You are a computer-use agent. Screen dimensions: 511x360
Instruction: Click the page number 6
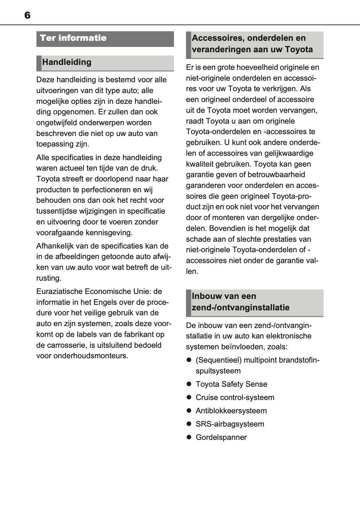(27, 15)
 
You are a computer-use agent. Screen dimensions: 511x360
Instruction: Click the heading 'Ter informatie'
(73, 38)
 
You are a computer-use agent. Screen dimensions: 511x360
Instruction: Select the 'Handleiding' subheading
(67, 62)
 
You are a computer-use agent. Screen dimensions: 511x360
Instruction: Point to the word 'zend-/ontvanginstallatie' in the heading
(240, 308)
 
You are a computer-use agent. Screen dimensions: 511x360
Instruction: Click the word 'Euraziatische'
(59, 292)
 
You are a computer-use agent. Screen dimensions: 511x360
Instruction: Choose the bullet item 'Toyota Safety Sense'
(231, 384)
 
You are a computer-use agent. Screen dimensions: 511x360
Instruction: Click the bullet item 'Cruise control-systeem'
(235, 398)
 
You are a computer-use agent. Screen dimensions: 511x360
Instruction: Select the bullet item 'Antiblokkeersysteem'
(231, 411)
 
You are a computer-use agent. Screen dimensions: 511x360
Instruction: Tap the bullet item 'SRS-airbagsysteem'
(230, 424)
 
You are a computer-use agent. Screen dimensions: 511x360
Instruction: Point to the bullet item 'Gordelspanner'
(221, 437)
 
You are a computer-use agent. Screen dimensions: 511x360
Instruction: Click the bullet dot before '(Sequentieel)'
(189, 360)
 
